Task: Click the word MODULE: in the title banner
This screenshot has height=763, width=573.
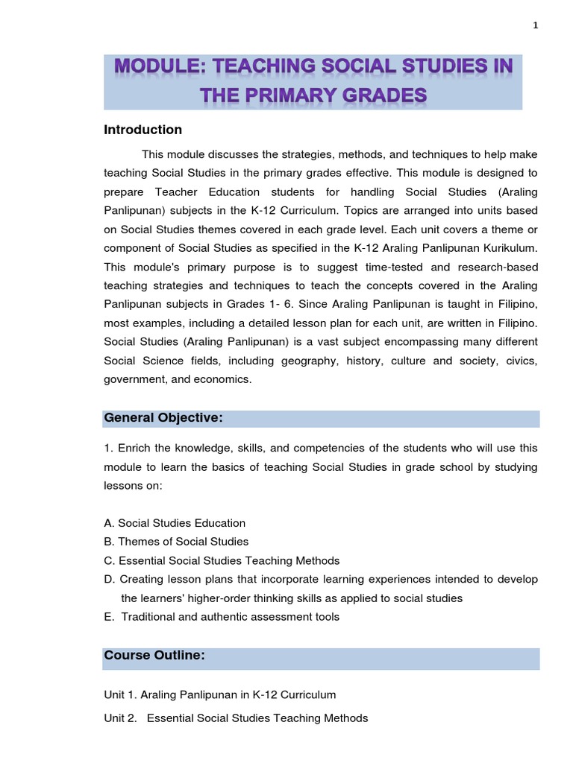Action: [x=159, y=67]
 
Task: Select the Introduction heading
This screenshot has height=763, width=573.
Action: [x=143, y=130]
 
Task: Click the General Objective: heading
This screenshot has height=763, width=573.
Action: [x=163, y=418]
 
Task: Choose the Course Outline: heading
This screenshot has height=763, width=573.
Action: [x=154, y=655]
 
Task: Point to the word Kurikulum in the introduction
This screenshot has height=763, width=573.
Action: [x=510, y=247]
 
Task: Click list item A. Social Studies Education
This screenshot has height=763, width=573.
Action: [x=175, y=523]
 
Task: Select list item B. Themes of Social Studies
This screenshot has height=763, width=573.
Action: [x=176, y=542]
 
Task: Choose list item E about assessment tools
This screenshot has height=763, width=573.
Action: [x=222, y=617]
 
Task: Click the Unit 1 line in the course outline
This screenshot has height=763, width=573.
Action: [x=220, y=694]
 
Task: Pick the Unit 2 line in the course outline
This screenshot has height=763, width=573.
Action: [x=236, y=718]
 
